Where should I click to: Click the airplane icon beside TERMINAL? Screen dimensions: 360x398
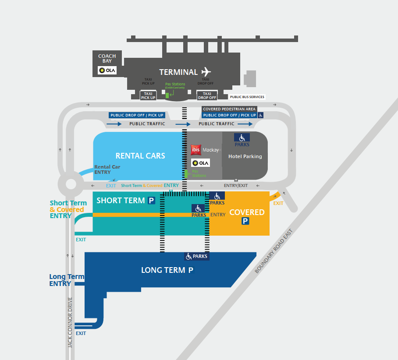click(x=206, y=72)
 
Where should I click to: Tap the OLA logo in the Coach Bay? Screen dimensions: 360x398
click(x=107, y=70)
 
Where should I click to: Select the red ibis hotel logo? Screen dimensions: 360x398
click(x=196, y=150)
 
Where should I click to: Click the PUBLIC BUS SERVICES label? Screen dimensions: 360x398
click(x=247, y=97)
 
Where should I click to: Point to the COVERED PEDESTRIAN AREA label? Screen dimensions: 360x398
click(x=229, y=109)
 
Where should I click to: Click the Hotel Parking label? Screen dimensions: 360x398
click(x=245, y=156)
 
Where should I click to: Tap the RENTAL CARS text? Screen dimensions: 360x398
click(x=140, y=155)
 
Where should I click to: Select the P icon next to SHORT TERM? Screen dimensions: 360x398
click(x=151, y=201)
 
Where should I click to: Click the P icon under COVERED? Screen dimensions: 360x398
click(x=245, y=222)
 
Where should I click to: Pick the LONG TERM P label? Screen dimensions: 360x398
click(x=167, y=270)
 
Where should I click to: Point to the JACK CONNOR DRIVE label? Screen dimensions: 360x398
click(x=70, y=322)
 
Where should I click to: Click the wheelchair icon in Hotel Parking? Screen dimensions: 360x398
click(x=242, y=138)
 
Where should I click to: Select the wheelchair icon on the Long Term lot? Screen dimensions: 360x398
click(x=189, y=256)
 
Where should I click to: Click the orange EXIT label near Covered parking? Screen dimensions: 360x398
click(x=278, y=203)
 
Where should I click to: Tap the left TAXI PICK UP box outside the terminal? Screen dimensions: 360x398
click(x=148, y=95)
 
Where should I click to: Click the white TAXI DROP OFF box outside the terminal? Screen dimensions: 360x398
click(x=207, y=95)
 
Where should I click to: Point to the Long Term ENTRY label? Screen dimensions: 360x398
click(x=60, y=280)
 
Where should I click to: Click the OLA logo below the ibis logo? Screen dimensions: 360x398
click(x=201, y=163)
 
